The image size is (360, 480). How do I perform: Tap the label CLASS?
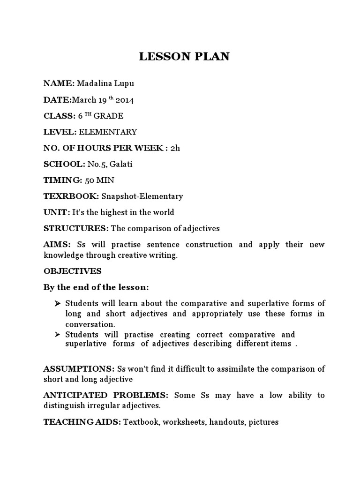pos(60,116)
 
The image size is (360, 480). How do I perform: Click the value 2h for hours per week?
pos(175,148)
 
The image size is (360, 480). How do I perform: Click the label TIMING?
pos(63,180)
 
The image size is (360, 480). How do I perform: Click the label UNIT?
pos(57,212)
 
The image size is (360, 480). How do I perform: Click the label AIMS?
pos(56,245)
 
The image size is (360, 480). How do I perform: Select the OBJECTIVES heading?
pos(72,271)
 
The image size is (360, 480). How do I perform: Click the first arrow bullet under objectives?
pos(57,303)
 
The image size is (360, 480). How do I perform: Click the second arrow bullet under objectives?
pos(57,334)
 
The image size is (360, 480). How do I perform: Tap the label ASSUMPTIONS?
pos(79,368)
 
